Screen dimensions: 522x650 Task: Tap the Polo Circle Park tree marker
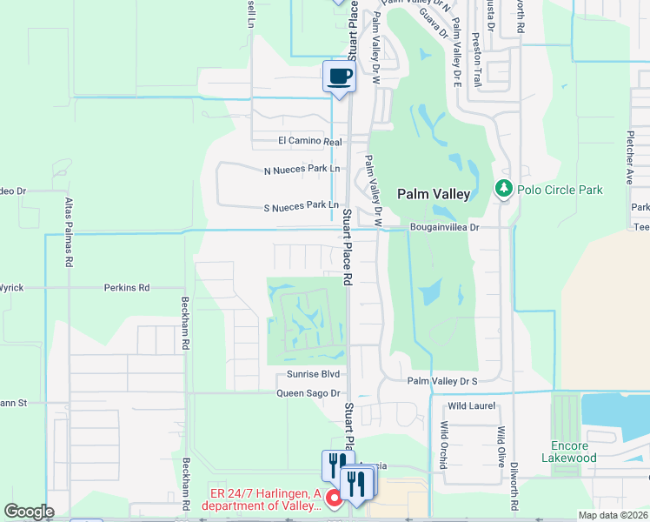tap(503, 189)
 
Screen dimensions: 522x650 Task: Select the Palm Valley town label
tap(434, 194)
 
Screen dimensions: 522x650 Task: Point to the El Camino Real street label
tap(310, 141)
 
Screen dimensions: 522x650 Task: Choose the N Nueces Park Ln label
tap(301, 171)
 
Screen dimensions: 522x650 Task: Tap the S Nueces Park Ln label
tap(301, 205)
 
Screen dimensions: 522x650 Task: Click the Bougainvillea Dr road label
tap(444, 227)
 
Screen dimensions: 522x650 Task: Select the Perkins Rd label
tap(127, 287)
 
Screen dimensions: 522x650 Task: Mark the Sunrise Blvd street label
tap(312, 374)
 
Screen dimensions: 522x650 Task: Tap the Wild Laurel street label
tap(470, 405)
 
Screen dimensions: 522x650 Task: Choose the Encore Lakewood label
tap(568, 452)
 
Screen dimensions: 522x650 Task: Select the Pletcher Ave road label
tap(629, 157)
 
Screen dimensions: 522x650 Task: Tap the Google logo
tap(29, 512)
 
